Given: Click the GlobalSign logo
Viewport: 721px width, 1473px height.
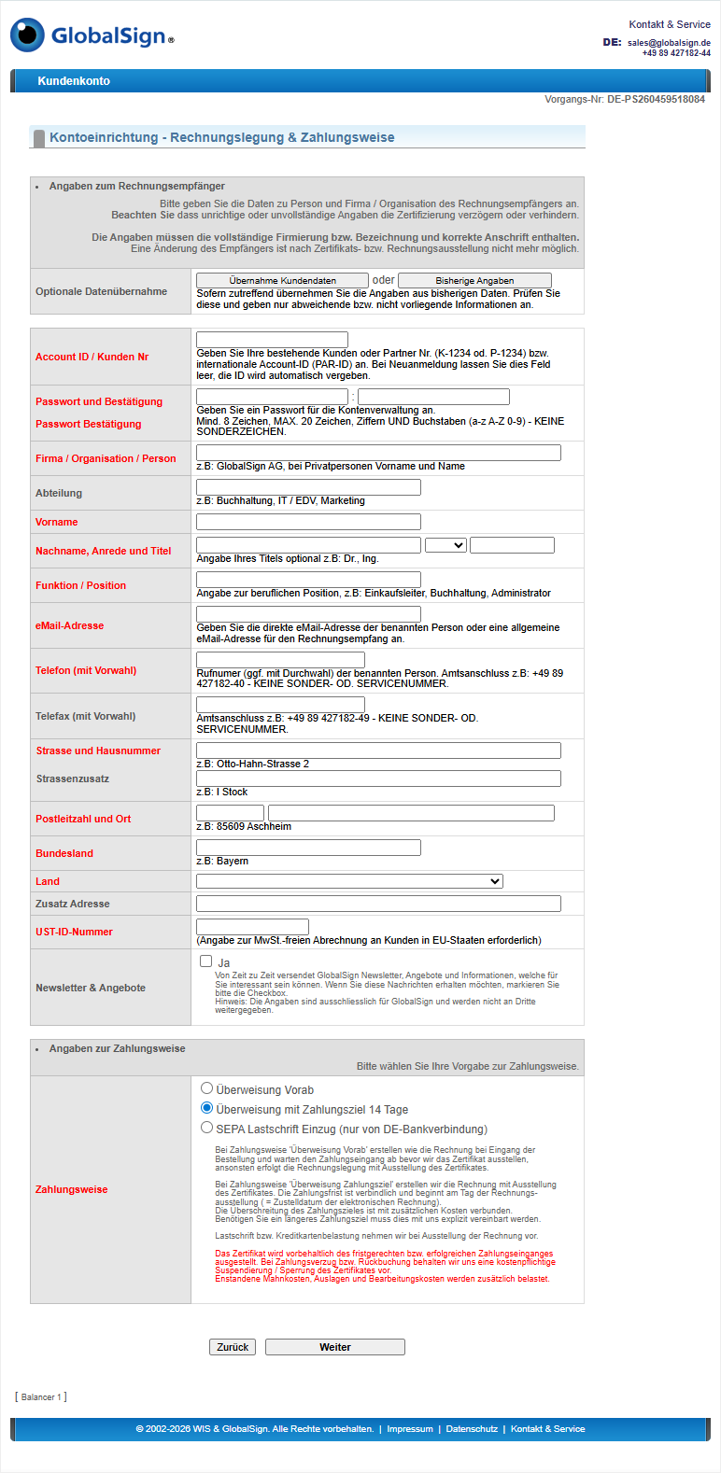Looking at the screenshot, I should pyautogui.click(x=92, y=35).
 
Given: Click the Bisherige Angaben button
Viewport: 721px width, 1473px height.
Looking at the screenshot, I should pyautogui.click(x=474, y=280).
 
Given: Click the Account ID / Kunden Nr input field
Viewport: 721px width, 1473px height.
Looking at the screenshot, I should pyautogui.click(x=272, y=340).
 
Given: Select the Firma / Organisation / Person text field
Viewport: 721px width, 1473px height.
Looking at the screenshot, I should pyautogui.click(x=378, y=453).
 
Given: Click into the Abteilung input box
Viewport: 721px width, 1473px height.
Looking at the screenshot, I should pyautogui.click(x=308, y=487).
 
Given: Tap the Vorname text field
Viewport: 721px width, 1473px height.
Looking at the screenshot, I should pyautogui.click(x=308, y=522).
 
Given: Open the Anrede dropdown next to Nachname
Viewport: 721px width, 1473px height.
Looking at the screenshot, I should pyautogui.click(x=445, y=545).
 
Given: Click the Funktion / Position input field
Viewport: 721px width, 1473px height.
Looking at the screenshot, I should pyautogui.click(x=308, y=580).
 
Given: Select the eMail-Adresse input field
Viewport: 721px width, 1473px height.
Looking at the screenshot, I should pyautogui.click(x=308, y=614).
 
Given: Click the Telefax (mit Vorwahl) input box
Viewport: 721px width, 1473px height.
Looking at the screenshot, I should pyautogui.click(x=280, y=705).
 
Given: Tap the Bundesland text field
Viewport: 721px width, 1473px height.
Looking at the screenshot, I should pyautogui.click(x=308, y=848).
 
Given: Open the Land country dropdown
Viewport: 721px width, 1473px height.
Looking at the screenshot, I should pyautogui.click(x=349, y=881).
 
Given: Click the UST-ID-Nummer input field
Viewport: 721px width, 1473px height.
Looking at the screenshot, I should pyautogui.click(x=252, y=927).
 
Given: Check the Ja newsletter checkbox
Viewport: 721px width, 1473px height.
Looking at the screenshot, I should pyautogui.click(x=206, y=961).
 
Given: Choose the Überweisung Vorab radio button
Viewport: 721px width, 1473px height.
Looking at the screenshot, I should pyautogui.click(x=207, y=1088).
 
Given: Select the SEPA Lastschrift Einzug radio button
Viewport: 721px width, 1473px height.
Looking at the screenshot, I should pyautogui.click(x=207, y=1128).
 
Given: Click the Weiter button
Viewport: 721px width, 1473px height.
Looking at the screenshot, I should pyautogui.click(x=334, y=1347).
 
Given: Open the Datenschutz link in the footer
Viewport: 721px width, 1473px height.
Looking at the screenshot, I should pyautogui.click(x=472, y=1429).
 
